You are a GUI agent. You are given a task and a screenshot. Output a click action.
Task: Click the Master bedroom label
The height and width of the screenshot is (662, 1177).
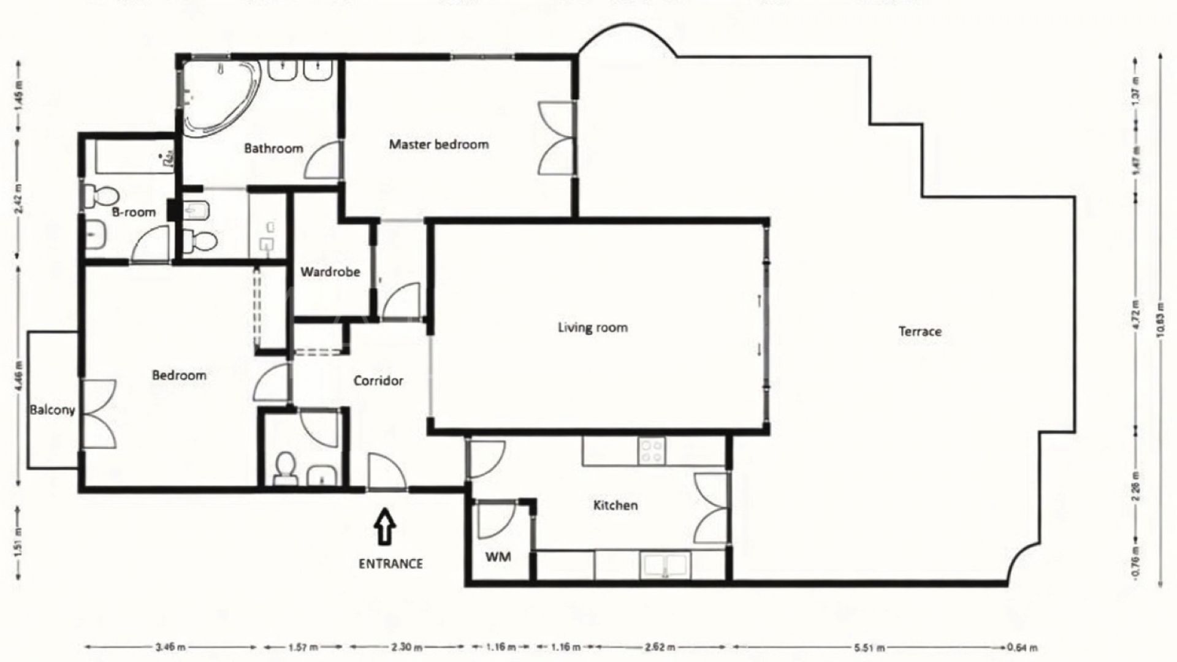click(439, 145)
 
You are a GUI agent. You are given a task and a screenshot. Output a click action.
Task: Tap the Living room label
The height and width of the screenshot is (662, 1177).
click(592, 327)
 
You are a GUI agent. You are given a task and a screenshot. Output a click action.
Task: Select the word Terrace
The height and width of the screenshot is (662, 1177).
click(920, 332)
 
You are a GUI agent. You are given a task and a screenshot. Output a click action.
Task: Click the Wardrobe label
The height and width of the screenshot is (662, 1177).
click(330, 272)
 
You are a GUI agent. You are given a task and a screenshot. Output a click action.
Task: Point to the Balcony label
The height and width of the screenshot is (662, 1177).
click(52, 409)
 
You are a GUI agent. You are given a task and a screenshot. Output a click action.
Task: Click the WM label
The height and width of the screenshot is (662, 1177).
click(498, 557)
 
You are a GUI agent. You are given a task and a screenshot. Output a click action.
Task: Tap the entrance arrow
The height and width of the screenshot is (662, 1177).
click(384, 527)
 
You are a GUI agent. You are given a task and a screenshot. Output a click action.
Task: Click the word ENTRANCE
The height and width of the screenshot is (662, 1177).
click(390, 563)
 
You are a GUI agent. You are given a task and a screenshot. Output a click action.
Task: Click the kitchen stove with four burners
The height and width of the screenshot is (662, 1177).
click(651, 451)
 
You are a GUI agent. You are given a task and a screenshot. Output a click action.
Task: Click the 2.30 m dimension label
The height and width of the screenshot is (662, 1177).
click(406, 647)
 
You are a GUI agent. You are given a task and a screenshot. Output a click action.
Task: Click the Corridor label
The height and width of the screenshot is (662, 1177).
click(378, 381)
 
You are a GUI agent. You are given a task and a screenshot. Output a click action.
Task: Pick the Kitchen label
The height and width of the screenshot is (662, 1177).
click(615, 506)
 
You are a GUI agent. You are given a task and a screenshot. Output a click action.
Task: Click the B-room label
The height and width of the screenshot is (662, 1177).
click(134, 213)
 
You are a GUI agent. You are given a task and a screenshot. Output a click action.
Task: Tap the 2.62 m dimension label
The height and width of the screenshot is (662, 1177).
click(660, 647)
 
